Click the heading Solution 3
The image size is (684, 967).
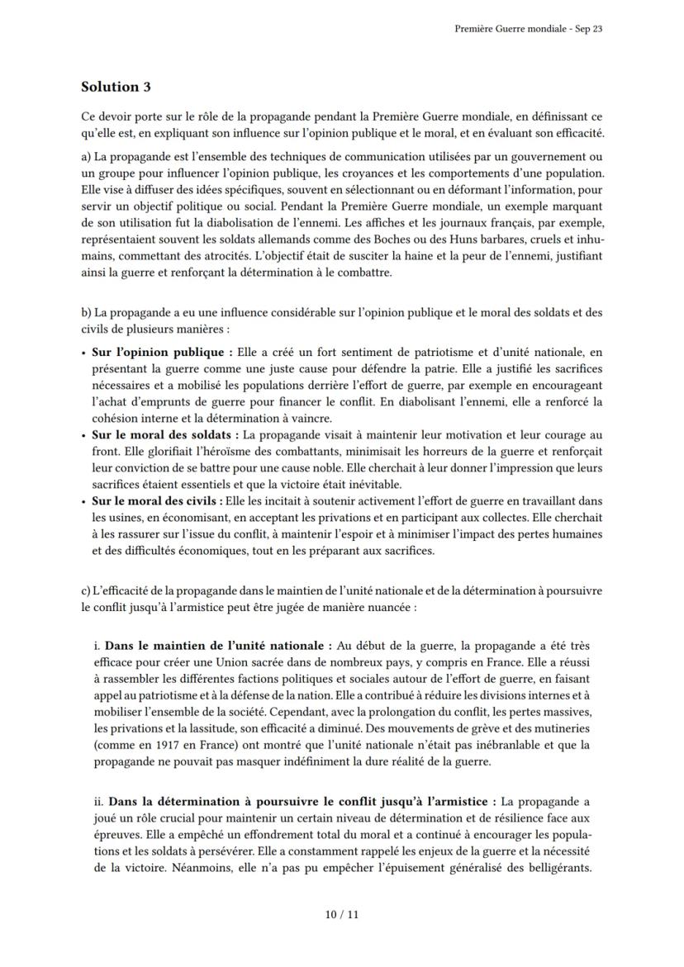click(x=116, y=87)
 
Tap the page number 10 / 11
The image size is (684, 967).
click(x=342, y=914)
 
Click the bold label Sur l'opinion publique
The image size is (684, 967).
click(x=157, y=353)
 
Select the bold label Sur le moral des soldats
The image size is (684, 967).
click(x=164, y=434)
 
